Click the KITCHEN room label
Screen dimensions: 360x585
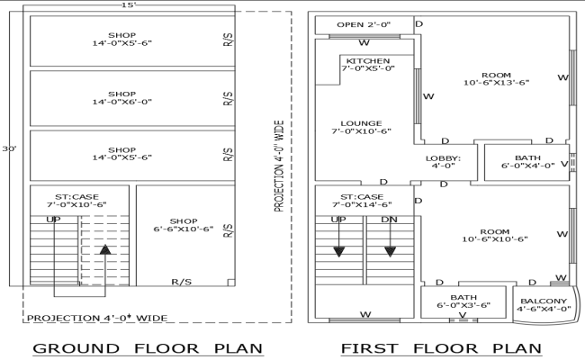click(x=367, y=65)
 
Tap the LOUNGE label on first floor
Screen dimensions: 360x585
click(x=361, y=127)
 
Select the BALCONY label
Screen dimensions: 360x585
click(x=544, y=305)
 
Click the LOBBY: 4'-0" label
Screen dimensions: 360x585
click(x=443, y=162)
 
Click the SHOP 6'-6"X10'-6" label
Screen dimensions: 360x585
click(x=184, y=225)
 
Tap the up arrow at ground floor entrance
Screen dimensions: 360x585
click(x=105, y=248)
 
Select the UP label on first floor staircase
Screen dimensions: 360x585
click(x=338, y=220)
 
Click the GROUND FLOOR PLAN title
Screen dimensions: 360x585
click(x=147, y=348)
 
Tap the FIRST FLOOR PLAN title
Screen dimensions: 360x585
click(x=441, y=348)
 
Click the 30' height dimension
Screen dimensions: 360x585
click(x=9, y=148)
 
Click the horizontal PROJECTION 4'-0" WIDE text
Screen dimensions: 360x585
click(x=96, y=318)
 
